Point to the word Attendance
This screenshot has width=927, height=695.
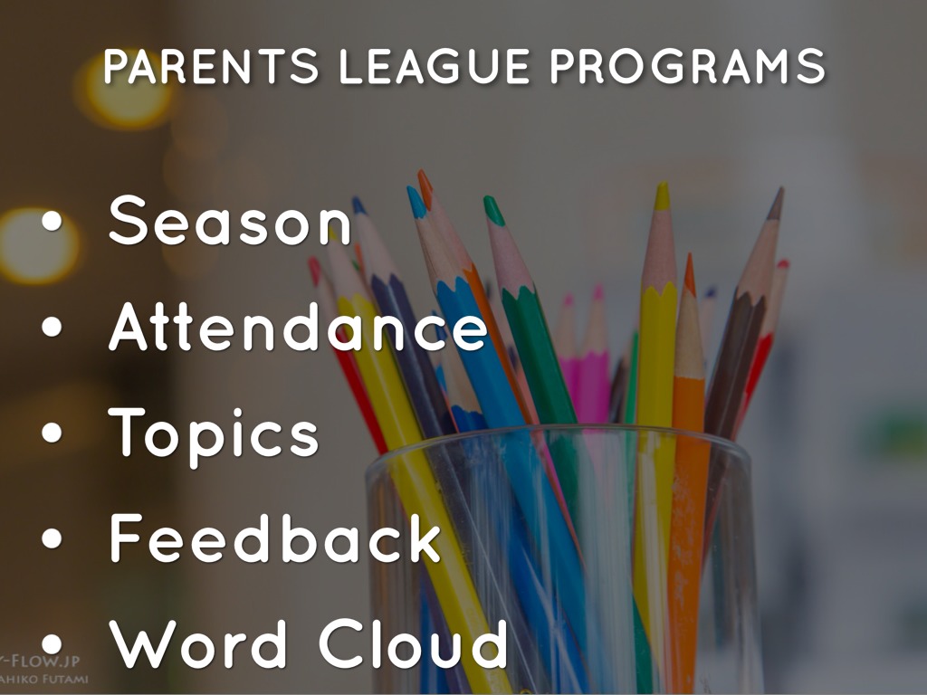click(298, 328)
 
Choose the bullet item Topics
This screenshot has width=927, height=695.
click(214, 433)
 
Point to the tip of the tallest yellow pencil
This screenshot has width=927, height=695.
click(663, 195)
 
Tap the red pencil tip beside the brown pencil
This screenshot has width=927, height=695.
click(782, 265)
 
